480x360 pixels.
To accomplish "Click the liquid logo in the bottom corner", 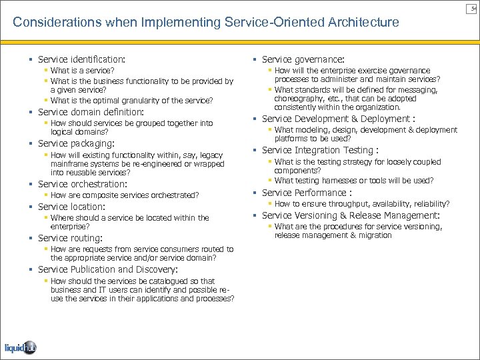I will click(x=21, y=346).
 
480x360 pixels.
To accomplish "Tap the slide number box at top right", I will click(x=473, y=7).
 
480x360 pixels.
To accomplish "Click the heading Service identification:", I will click(x=81, y=59).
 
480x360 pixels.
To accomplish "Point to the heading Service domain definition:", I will click(x=91, y=111).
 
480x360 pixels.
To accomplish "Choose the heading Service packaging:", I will click(x=76, y=143).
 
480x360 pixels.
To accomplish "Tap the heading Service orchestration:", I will click(x=83, y=184).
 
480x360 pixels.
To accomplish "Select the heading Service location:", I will click(x=71, y=207).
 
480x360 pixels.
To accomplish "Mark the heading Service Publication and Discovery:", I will click(x=107, y=270).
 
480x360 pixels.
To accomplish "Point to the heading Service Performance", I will click(x=303, y=193).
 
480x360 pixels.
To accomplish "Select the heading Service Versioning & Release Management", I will click(x=350, y=215).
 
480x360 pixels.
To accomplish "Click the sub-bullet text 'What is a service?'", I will click(x=82, y=70).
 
